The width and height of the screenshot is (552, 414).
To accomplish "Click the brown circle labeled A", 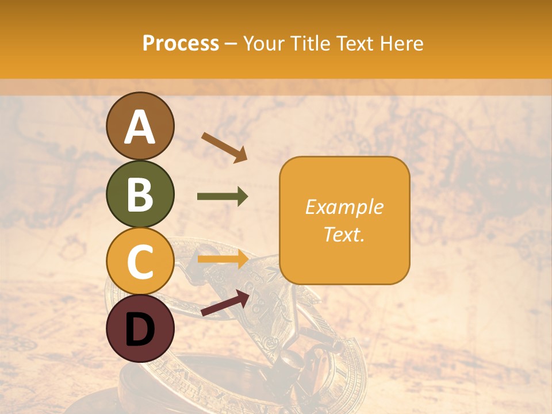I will coord(140,126).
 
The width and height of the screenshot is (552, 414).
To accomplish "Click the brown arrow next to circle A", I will coord(224,147).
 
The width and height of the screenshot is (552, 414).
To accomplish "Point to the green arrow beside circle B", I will coord(223,197).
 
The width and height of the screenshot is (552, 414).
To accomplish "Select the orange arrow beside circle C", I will coord(223,259).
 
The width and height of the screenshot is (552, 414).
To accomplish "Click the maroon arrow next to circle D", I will coord(225,303).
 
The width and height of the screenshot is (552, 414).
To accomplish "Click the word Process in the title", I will coord(181,44).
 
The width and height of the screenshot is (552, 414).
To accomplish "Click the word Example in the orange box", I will coord(344,207).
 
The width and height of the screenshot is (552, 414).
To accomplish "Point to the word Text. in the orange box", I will coord(344,234).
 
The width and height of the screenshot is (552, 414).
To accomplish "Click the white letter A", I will coord(140,127).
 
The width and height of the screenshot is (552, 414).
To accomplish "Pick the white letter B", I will coord(140,194).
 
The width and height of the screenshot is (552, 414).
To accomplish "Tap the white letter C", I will coord(140,262).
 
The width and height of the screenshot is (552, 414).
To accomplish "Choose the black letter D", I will coord(140,329).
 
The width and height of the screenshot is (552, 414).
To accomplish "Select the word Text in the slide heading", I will coord(352,44).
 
